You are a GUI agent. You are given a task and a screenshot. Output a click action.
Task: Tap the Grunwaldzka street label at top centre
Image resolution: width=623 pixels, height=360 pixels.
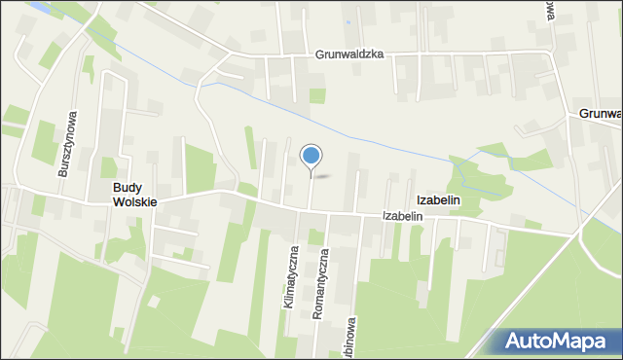point(349,55)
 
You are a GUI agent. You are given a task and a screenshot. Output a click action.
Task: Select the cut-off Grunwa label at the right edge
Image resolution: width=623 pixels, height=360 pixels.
point(600,114)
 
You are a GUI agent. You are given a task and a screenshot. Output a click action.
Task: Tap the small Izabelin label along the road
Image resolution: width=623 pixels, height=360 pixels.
point(403,215)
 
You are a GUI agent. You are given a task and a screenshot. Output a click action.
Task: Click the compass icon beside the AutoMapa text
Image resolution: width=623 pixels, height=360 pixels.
point(515,342)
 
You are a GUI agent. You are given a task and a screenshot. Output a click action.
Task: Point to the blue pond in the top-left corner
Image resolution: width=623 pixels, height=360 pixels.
point(39,6)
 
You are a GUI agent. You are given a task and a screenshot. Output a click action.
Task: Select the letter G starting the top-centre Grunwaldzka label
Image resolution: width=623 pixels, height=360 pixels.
point(319,55)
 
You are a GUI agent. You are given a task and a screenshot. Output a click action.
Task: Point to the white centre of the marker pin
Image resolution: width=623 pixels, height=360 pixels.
point(311,154)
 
